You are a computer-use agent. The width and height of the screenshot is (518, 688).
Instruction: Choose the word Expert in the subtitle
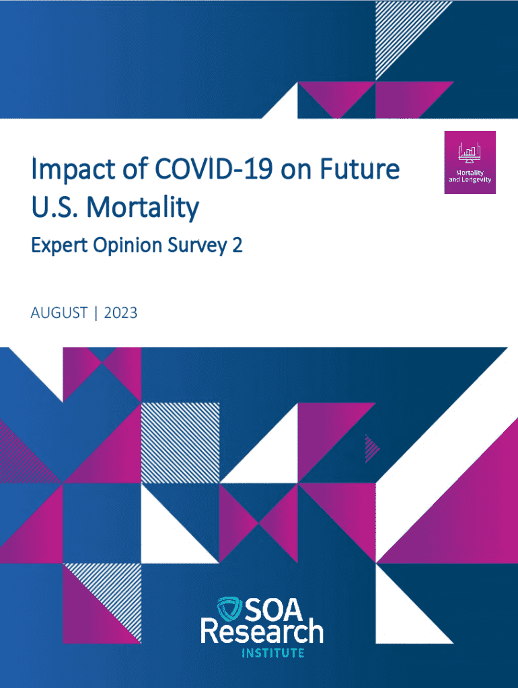(x=56, y=247)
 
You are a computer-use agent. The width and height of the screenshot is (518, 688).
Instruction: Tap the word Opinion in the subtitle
(x=123, y=247)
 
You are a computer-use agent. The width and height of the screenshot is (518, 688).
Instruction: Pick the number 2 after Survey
(x=237, y=246)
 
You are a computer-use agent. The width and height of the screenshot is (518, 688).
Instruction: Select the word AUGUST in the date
(x=59, y=312)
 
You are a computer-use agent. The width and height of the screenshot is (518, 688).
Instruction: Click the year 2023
(x=121, y=312)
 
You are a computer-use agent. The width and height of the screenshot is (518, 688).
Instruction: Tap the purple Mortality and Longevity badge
(x=470, y=163)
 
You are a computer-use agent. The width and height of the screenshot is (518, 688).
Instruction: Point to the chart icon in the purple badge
(x=470, y=153)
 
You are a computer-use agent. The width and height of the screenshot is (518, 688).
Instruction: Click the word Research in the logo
(x=262, y=633)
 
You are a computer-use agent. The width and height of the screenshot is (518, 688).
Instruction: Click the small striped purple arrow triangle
(x=371, y=448)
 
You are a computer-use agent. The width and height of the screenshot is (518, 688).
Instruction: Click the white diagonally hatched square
(x=180, y=441)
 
